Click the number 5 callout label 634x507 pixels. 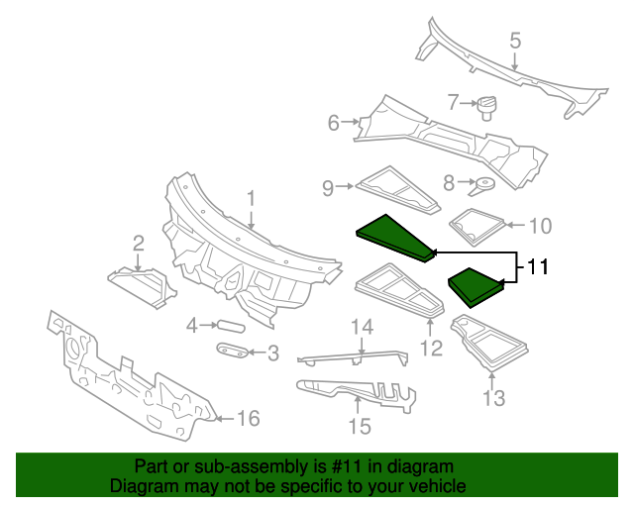click(515, 41)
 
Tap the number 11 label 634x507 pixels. click(535, 266)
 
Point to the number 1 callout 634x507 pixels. click(251, 198)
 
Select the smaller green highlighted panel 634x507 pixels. click(475, 285)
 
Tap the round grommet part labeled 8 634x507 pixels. click(483, 182)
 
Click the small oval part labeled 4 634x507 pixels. click(230, 324)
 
